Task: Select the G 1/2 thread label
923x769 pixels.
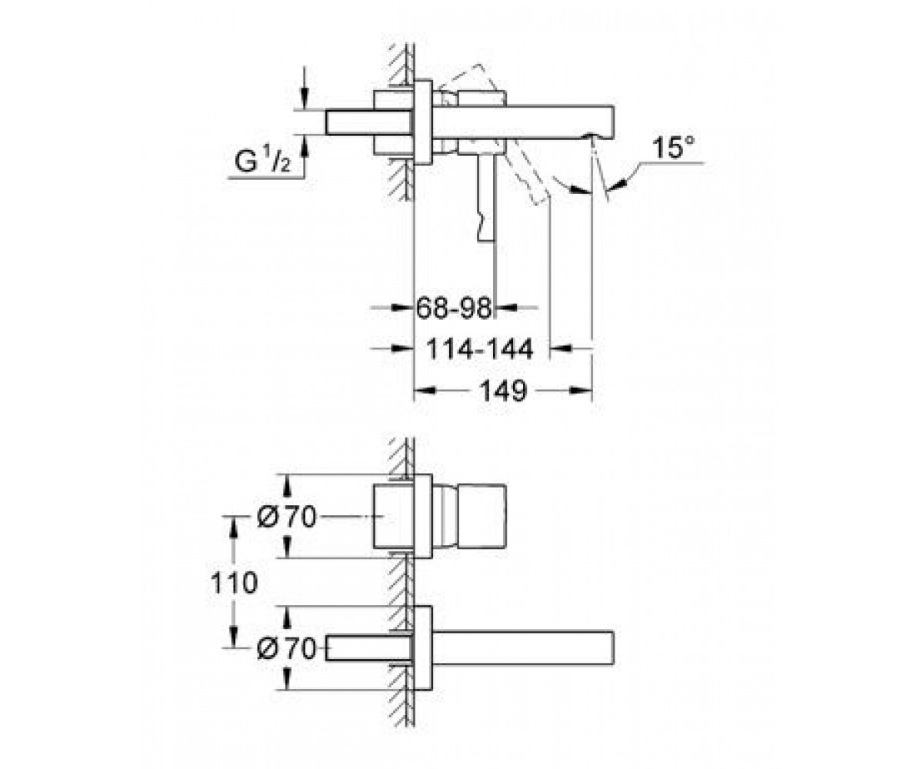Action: (262, 161)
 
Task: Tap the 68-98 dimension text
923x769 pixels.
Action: (454, 308)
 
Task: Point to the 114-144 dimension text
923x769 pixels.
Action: (480, 349)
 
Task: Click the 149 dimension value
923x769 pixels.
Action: (504, 391)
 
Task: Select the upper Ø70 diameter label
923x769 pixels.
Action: (287, 516)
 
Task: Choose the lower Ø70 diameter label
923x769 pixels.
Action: (287, 649)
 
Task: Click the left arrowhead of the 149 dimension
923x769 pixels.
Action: (425, 390)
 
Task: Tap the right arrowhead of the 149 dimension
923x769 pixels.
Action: (581, 390)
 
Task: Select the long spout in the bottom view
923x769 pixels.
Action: (523, 648)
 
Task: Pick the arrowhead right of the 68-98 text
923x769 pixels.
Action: (507, 307)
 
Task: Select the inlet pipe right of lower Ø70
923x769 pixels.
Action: (369, 648)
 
